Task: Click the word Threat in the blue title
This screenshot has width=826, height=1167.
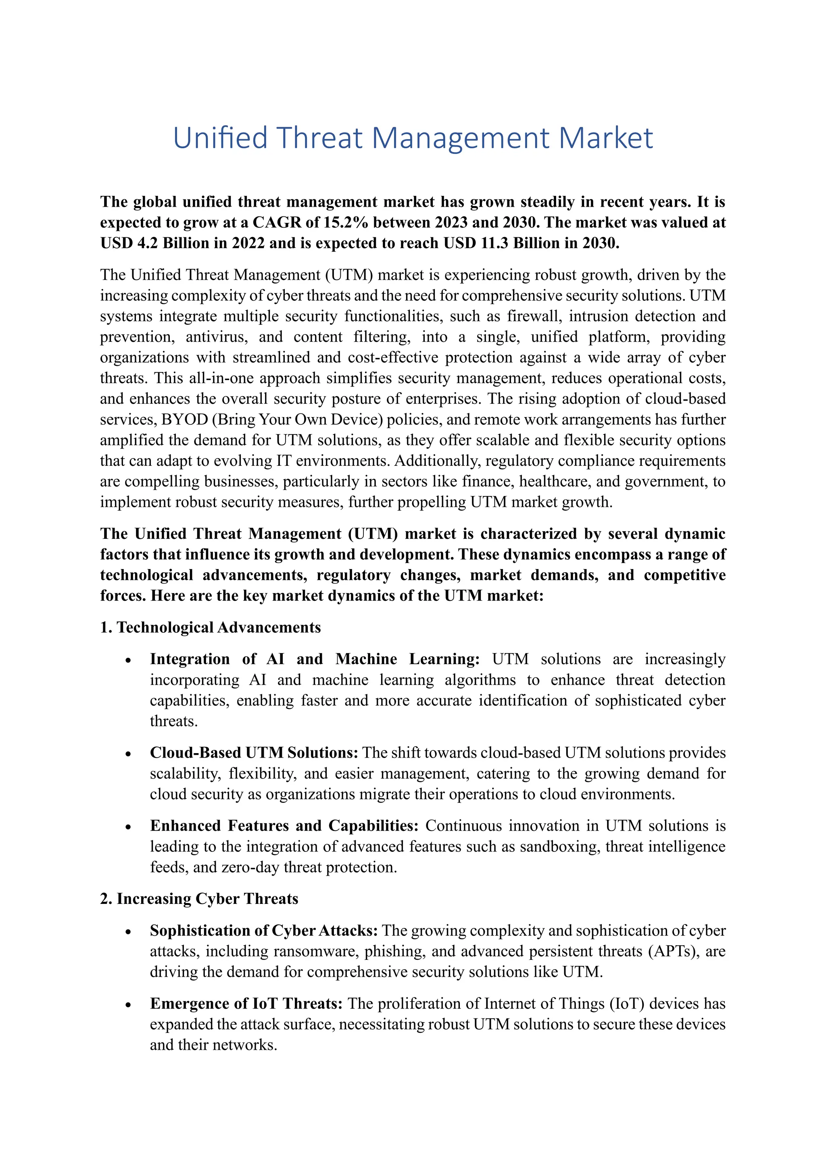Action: [x=319, y=138]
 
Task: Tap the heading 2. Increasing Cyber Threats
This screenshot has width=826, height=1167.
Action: [x=199, y=899]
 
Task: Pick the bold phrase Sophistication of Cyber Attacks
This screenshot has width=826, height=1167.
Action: [x=263, y=930]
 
